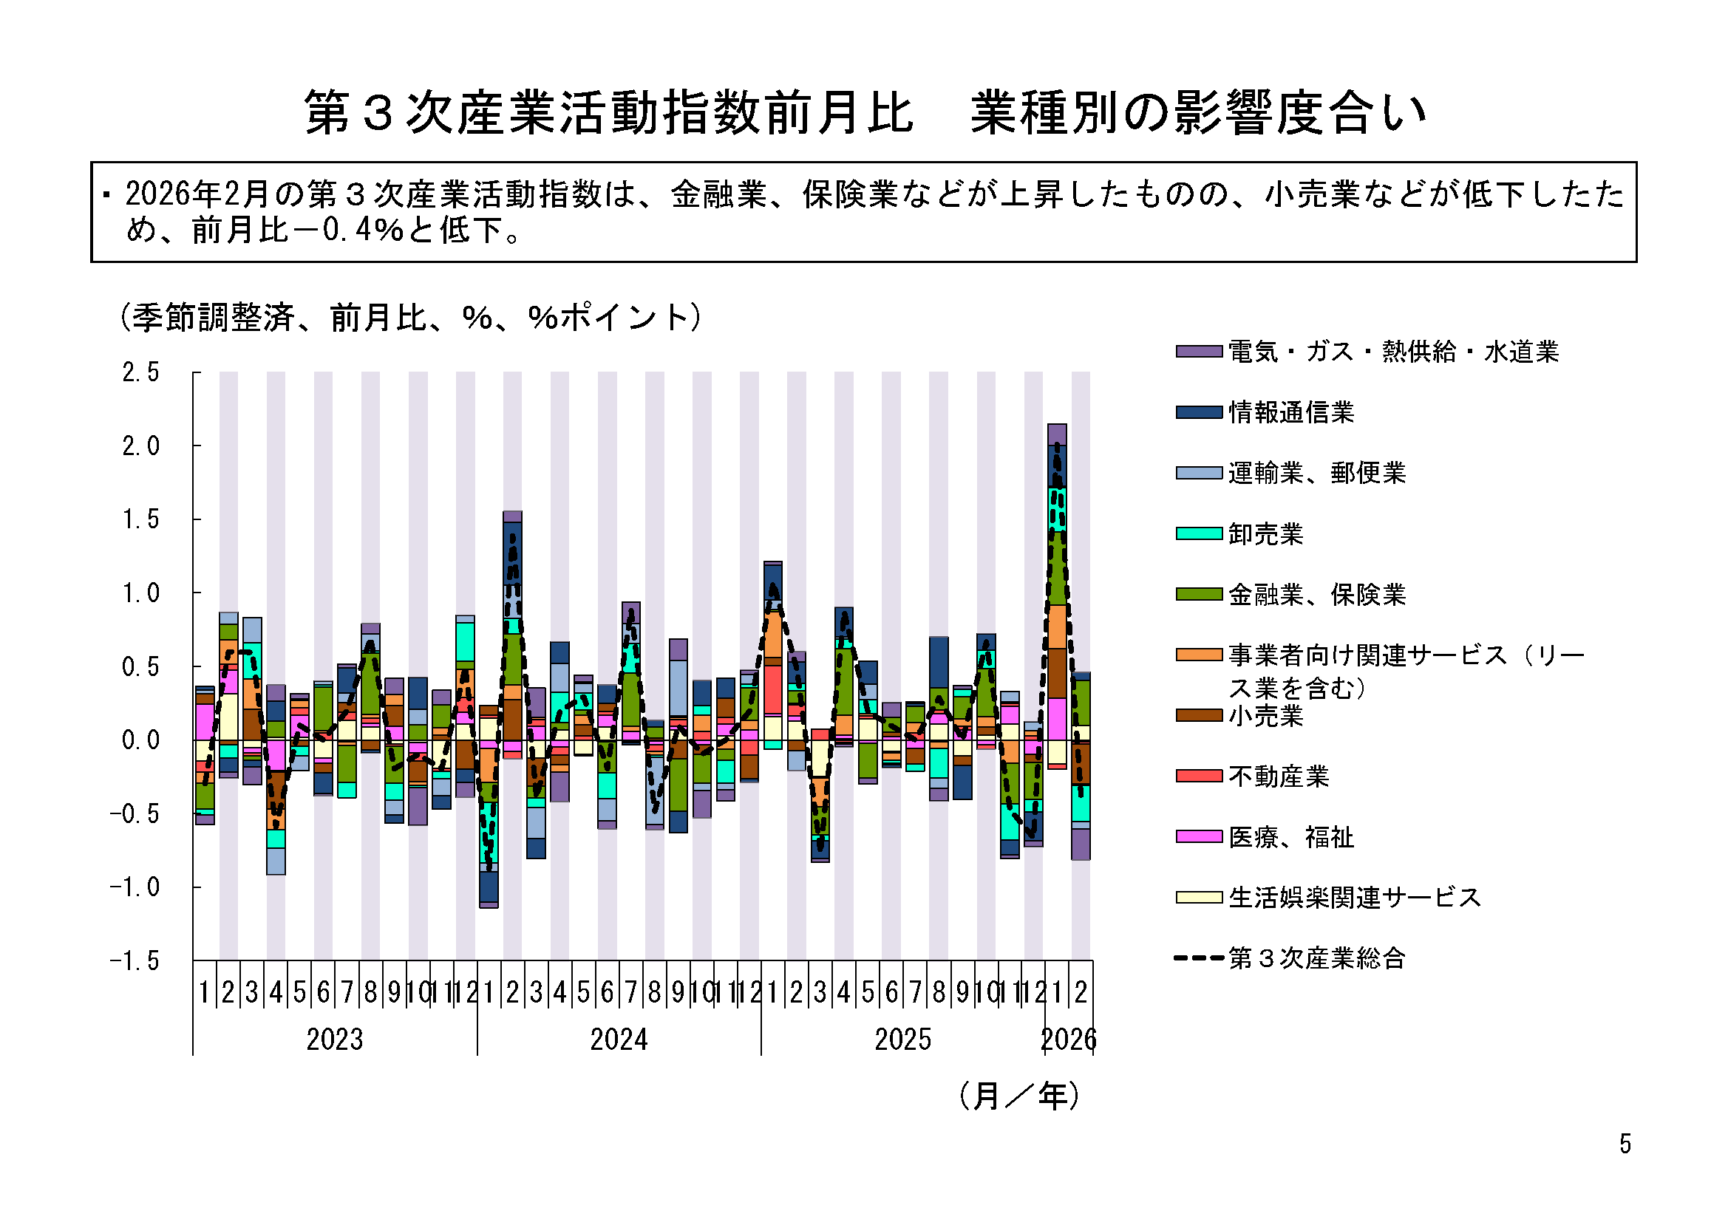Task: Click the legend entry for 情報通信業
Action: point(1290,412)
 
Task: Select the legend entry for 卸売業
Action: point(1265,534)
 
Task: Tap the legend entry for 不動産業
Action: point(1279,776)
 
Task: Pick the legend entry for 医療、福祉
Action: point(1290,838)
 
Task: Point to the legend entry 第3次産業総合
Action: point(1316,959)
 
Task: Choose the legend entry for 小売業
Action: point(1265,717)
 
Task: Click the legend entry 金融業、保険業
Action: point(1316,595)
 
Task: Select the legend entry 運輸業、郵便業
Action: point(1316,474)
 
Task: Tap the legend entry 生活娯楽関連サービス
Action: point(1354,898)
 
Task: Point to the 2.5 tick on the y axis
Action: point(140,372)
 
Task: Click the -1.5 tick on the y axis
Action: point(135,961)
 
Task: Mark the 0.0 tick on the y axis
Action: point(140,740)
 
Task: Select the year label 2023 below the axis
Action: point(334,1040)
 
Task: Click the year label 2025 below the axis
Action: point(902,1040)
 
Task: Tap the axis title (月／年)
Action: point(1020,1096)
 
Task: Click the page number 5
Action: point(1626,1144)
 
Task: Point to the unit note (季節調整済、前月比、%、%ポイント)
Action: point(411,318)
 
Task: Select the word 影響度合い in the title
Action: point(1299,113)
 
